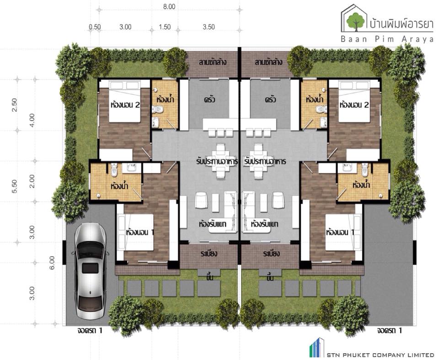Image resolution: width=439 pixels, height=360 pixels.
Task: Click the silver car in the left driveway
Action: pos(90,271)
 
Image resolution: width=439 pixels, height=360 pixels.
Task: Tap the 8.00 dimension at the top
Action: pos(169,7)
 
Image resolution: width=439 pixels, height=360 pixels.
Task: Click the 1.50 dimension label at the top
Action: pos(165,27)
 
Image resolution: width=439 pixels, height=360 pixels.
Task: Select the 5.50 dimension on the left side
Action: pos(15,186)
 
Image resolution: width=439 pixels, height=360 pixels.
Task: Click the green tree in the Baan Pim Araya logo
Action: pos(356,21)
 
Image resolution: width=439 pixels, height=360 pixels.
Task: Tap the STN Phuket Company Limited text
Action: pos(380,355)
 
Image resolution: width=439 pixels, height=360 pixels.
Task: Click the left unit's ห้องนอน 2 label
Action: pos(125,105)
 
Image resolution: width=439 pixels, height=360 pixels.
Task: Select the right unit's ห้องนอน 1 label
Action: pos(340,232)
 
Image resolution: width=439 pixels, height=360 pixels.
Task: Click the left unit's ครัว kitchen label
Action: pos(209,99)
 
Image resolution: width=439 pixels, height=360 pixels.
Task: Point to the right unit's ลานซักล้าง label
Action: pos(268,62)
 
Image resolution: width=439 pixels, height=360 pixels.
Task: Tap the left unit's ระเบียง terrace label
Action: pos(209,254)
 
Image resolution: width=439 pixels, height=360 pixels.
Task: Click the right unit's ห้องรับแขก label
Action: pos(264,224)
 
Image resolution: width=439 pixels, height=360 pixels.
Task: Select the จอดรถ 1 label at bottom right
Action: pos(389,330)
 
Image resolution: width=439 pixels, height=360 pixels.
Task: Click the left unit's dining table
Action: pos(221,161)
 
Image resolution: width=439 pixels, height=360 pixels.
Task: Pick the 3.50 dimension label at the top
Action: pos(209,27)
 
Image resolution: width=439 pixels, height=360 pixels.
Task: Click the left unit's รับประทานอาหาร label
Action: pos(217,161)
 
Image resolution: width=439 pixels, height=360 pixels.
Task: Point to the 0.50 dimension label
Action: pos(95,27)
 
